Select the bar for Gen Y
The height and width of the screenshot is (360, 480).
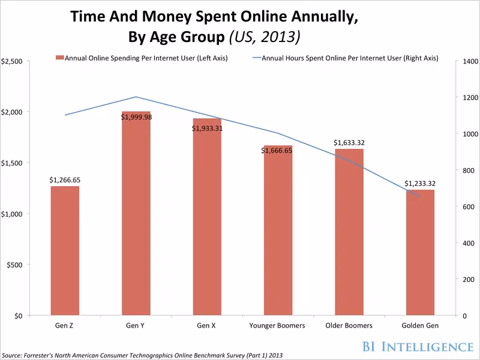pyautogui.click(x=136, y=216)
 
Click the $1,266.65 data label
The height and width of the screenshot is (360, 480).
pyautogui.click(x=65, y=179)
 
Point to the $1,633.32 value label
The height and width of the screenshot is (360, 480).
pyautogui.click(x=349, y=143)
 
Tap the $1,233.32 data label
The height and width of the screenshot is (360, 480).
pyautogui.click(x=420, y=183)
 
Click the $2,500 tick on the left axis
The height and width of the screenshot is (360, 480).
pyautogui.click(x=13, y=61)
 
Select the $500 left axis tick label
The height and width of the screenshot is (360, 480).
pyautogui.click(x=15, y=265)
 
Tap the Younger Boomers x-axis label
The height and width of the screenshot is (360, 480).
pyautogui.click(x=277, y=326)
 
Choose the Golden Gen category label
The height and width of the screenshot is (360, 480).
pyautogui.click(x=420, y=326)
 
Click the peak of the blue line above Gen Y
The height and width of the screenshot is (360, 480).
pyautogui.click(x=136, y=97)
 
